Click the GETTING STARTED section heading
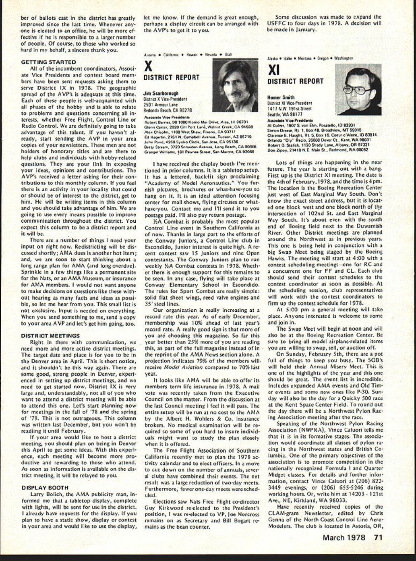pos(48,62)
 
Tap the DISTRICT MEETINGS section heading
pos(50,335)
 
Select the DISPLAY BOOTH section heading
pos(45,487)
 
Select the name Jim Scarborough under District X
pos(161,93)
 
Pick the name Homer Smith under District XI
pos(281,97)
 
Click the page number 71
pos(378,537)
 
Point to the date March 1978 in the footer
pos(344,537)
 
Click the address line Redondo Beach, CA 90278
pos(168,110)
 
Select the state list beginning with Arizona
pos(188,54)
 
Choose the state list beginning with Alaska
pos(310,58)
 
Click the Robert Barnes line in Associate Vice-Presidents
pos(196,121)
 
